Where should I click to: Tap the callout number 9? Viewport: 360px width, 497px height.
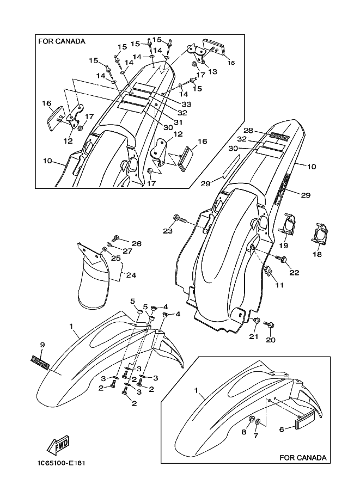pyautogui.click(x=42, y=345)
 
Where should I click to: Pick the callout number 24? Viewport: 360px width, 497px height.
pyautogui.click(x=131, y=275)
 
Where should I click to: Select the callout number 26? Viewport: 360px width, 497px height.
pyautogui.click(x=136, y=243)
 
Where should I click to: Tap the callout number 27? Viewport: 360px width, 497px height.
pyautogui.click(x=127, y=251)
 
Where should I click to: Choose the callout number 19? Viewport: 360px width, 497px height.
pyautogui.click(x=283, y=246)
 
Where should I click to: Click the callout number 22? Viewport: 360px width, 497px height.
pyautogui.click(x=294, y=273)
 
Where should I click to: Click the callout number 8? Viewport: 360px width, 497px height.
pyautogui.click(x=244, y=433)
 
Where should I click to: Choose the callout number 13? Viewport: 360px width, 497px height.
pyautogui.click(x=212, y=71)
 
